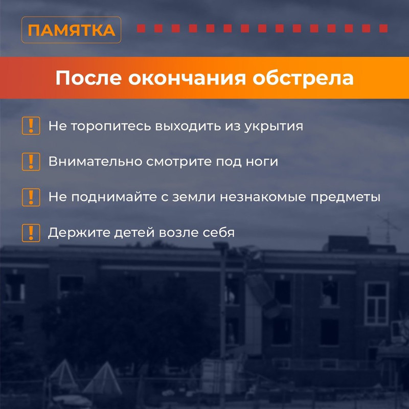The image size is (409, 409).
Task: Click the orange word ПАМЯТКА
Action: click(72, 30)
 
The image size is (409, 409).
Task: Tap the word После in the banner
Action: click(88, 78)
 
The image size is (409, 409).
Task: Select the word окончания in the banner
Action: click(187, 78)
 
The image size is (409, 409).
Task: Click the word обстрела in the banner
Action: click(303, 78)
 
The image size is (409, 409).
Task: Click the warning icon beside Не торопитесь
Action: click(31, 125)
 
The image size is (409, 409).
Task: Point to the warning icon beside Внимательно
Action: click(31, 162)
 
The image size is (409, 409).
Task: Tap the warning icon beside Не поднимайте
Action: click(31, 197)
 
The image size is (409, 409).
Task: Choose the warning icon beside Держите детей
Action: click(31, 233)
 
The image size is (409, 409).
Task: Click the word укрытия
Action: click(274, 127)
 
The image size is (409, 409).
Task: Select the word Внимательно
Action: click(95, 162)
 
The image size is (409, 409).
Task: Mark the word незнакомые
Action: click(263, 197)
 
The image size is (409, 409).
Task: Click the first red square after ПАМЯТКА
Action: click(141, 28)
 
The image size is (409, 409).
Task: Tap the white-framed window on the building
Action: click(377, 303)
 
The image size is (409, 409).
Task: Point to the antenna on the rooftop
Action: click(389, 226)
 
